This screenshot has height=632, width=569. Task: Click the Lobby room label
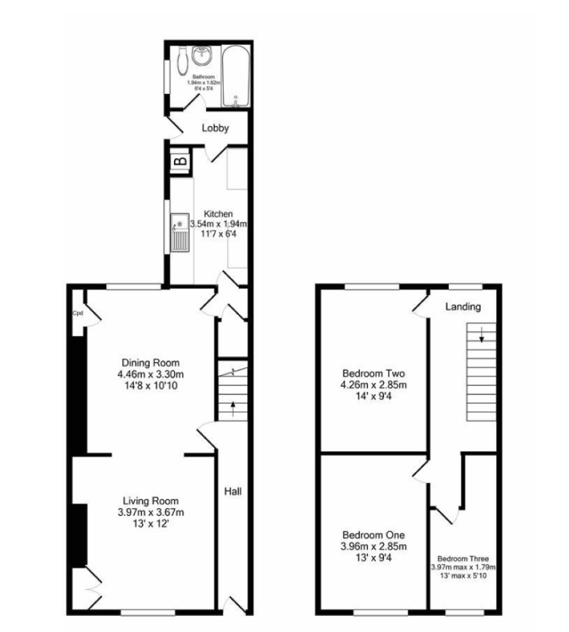215,128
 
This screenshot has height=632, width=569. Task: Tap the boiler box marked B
180,161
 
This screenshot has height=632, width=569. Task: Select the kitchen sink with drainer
180,233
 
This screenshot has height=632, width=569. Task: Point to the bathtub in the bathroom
236,76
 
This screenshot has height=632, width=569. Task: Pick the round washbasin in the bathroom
202,56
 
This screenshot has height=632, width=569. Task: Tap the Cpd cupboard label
78,313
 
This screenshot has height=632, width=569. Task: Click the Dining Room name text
150,362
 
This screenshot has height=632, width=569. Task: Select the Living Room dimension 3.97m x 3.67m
151,513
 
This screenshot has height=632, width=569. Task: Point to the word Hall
233,491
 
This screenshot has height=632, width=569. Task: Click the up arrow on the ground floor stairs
232,409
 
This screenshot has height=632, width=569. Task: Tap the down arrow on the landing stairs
482,335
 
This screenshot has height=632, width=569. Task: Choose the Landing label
463,307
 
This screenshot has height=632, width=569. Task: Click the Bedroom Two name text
374,373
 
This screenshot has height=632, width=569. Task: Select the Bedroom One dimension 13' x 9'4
374,558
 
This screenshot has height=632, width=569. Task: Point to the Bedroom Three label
463,559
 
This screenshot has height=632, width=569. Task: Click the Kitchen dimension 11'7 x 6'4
218,233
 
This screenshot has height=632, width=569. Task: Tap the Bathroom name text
204,76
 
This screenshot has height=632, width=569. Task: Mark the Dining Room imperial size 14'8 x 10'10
151,386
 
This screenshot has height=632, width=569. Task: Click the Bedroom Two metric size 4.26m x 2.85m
374,385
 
